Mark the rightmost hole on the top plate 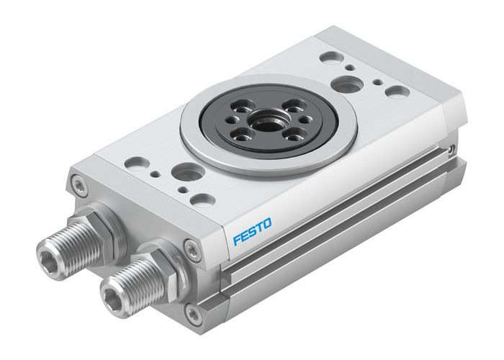[x=396, y=91]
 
